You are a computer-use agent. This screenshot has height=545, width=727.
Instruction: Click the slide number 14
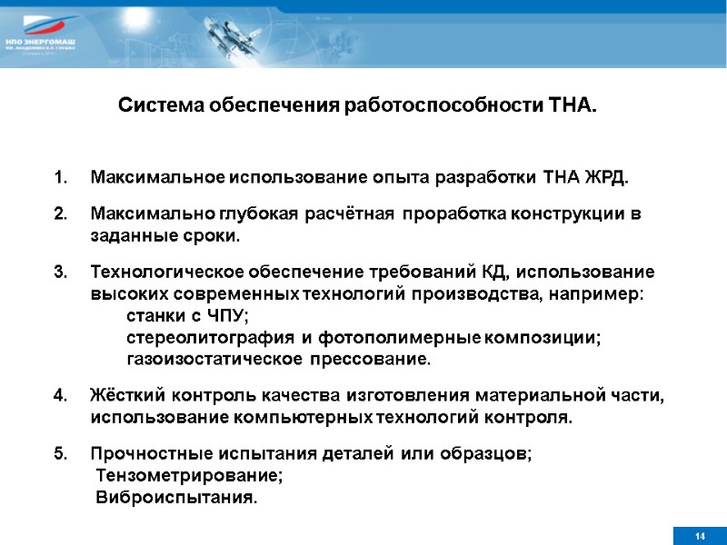pyautogui.click(x=699, y=536)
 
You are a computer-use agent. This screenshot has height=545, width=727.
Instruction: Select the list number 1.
pyautogui.click(x=60, y=176)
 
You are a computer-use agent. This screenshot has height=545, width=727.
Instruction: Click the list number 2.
pyautogui.click(x=60, y=214)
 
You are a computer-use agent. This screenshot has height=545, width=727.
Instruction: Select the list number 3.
pyautogui.click(x=60, y=272)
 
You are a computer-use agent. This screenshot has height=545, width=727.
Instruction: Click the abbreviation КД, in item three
pyautogui.click(x=497, y=272)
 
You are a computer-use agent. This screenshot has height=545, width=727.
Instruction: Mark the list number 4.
pyautogui.click(x=60, y=396)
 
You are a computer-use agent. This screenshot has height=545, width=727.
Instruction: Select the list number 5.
pyautogui.click(x=60, y=454)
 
